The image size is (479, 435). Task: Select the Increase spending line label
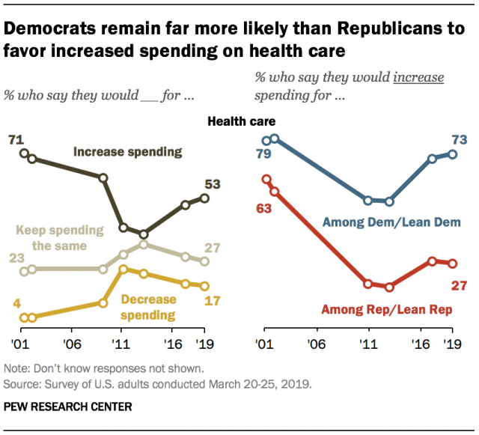(127, 152)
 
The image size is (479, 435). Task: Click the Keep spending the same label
(51, 238)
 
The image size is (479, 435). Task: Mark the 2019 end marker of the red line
(452, 263)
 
